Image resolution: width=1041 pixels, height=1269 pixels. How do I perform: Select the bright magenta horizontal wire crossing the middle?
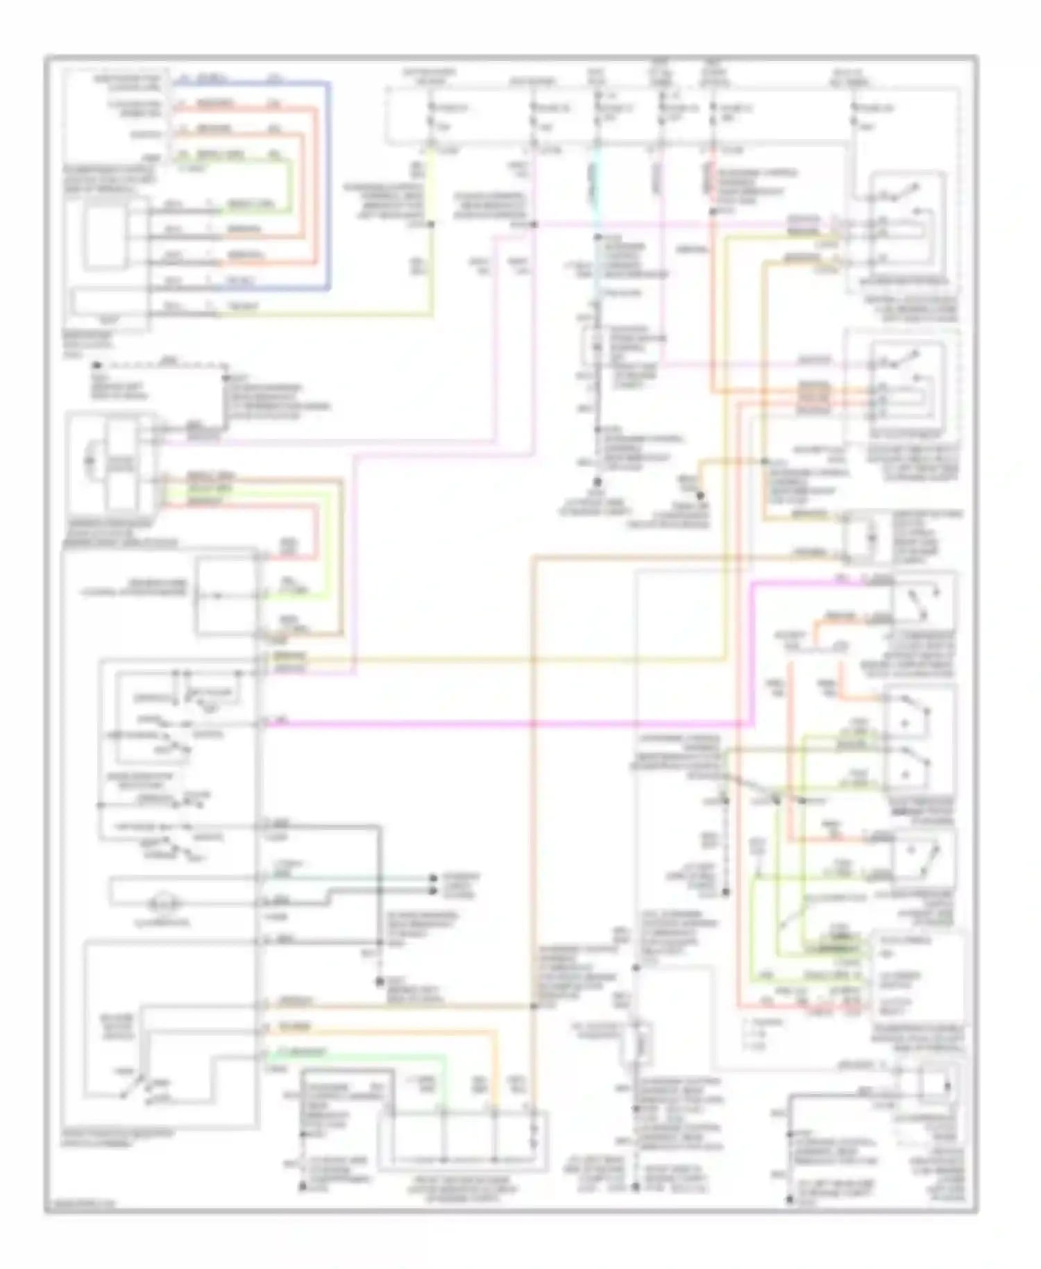(x=507, y=724)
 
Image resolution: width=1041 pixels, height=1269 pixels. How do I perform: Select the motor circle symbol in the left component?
(x=88, y=460)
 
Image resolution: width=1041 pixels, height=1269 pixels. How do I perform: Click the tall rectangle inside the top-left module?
(x=104, y=237)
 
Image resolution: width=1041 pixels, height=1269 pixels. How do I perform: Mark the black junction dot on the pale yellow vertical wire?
(x=431, y=225)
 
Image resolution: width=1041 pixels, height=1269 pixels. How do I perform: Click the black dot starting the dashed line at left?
(x=97, y=364)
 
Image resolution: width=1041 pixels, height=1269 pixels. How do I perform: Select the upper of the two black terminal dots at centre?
(x=433, y=877)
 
